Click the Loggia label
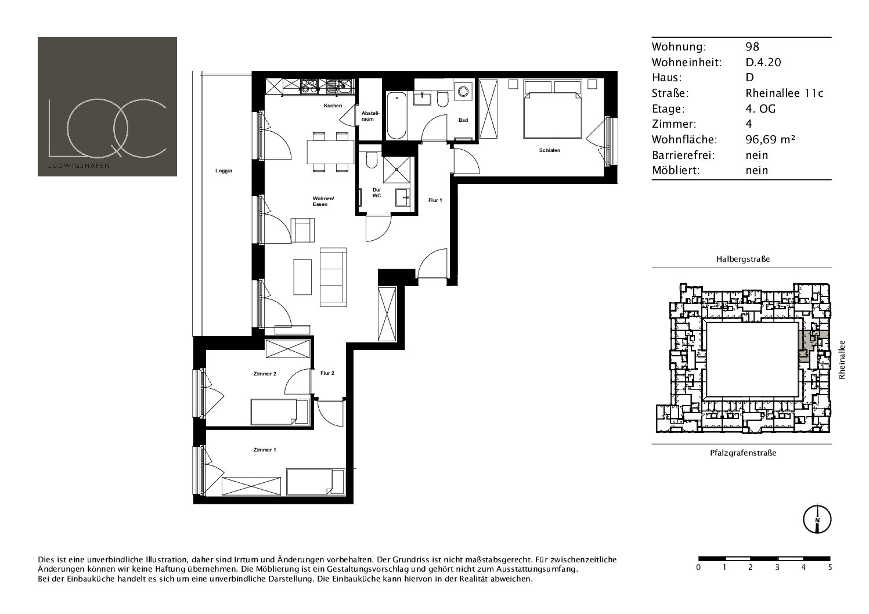click(x=224, y=171)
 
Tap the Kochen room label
click(x=333, y=106)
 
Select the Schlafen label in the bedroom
click(x=549, y=150)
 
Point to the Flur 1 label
click(x=435, y=200)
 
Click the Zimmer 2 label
click(x=265, y=374)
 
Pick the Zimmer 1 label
click(x=265, y=450)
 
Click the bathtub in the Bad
click(x=396, y=115)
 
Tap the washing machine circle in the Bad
click(x=463, y=92)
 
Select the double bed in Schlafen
click(x=553, y=109)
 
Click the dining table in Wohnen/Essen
click(x=330, y=152)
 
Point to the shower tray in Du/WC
click(x=396, y=169)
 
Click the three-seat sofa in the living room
click(x=333, y=277)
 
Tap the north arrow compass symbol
click(x=817, y=519)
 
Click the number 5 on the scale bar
click(x=830, y=567)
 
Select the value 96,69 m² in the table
click(x=770, y=139)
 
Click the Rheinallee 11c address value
click(x=784, y=93)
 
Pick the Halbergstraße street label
click(x=743, y=259)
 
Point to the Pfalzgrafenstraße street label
click(x=743, y=453)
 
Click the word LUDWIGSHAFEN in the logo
click(x=79, y=165)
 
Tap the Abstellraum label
click(x=370, y=116)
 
